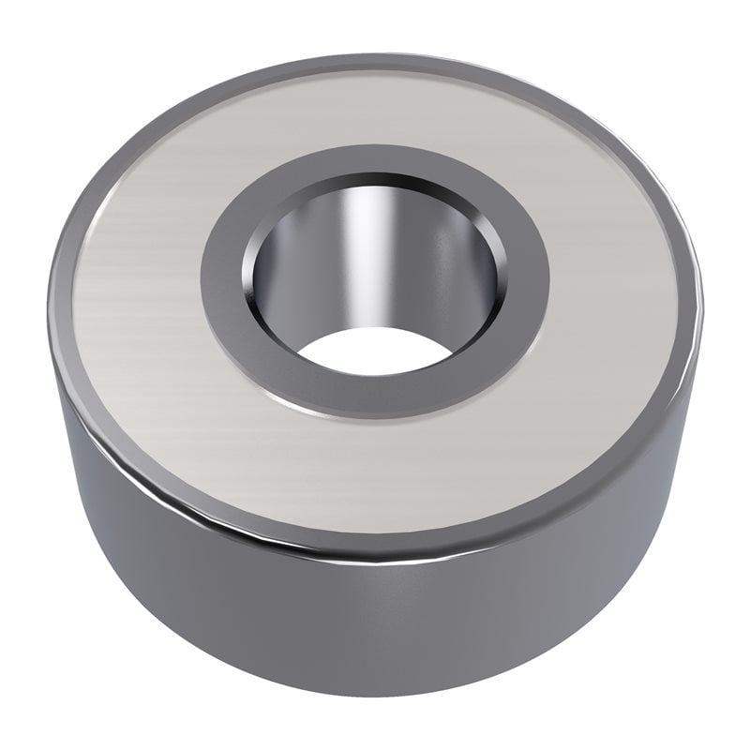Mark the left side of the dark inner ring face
[x=223, y=272]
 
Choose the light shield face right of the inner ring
[x=619, y=281]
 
